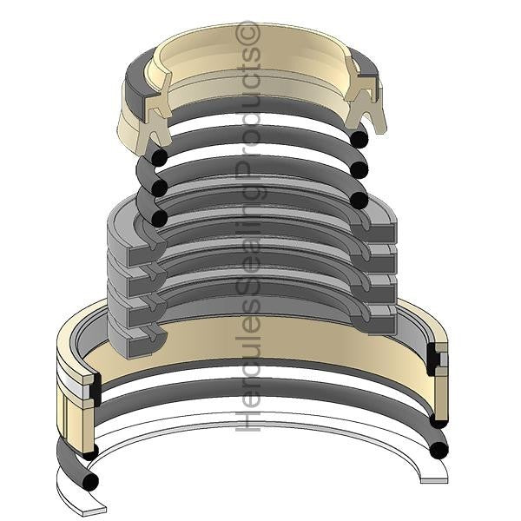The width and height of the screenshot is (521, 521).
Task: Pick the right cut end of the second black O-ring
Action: [x=359, y=169]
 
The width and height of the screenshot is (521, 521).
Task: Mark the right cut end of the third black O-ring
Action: [x=359, y=200]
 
